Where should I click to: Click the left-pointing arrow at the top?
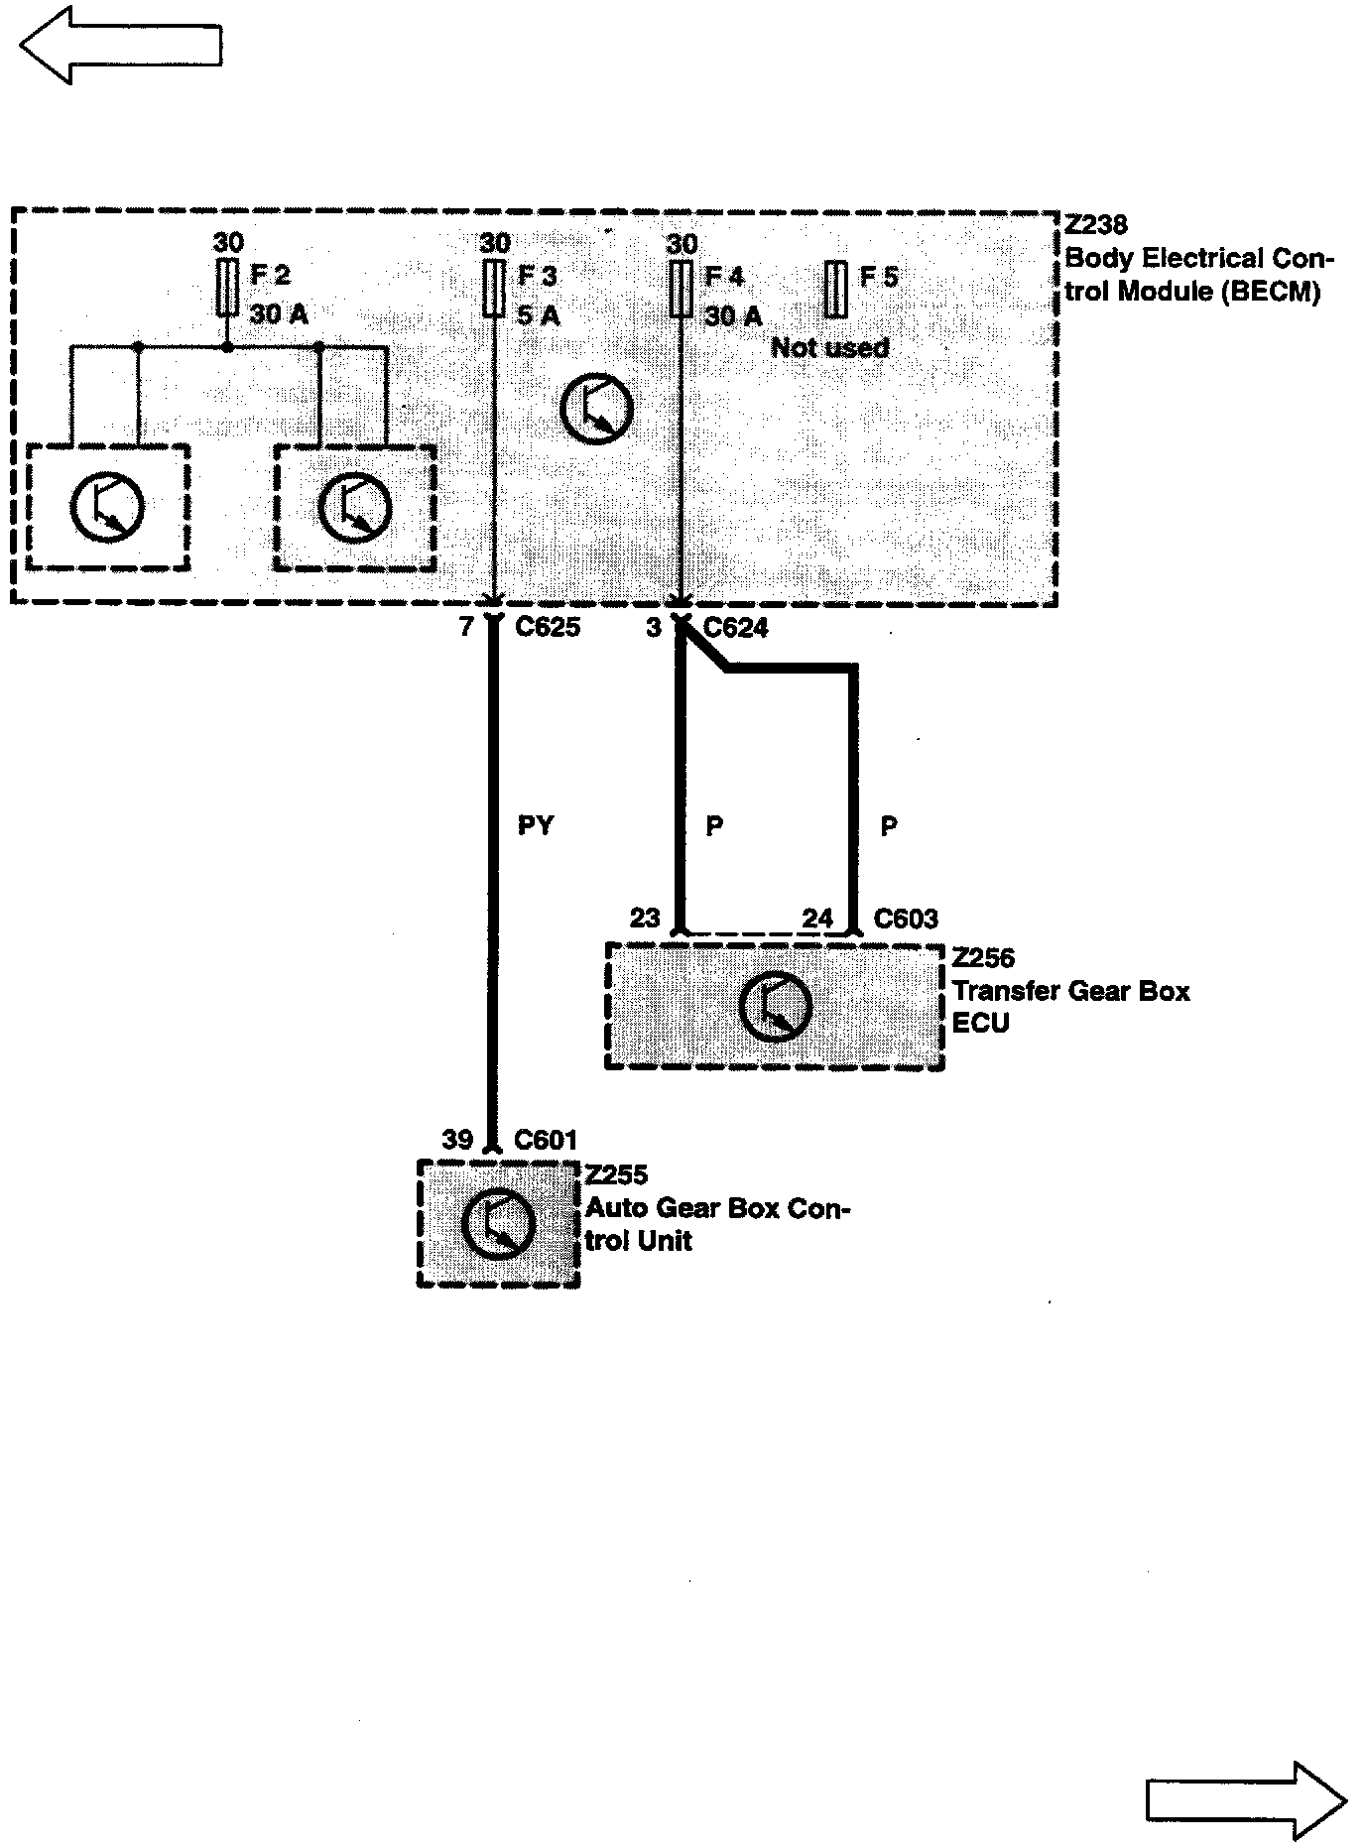point(119,46)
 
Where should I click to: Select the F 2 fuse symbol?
point(228,288)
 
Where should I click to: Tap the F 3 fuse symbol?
point(493,288)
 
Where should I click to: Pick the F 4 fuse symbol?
point(680,288)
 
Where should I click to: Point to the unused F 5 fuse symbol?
point(835,289)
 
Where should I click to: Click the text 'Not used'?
point(829,347)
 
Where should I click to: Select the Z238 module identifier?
point(1095,226)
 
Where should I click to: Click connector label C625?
point(548,627)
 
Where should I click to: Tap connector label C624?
point(735,628)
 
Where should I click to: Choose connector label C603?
point(905,919)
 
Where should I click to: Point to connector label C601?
point(545,1140)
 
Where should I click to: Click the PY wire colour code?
point(536,825)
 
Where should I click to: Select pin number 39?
point(457,1140)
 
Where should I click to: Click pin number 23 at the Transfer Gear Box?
point(645,918)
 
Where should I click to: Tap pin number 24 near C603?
point(817,919)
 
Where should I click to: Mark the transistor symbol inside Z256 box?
point(775,1007)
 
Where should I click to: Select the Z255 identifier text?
point(616,1174)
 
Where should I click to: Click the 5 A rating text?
point(539,315)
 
